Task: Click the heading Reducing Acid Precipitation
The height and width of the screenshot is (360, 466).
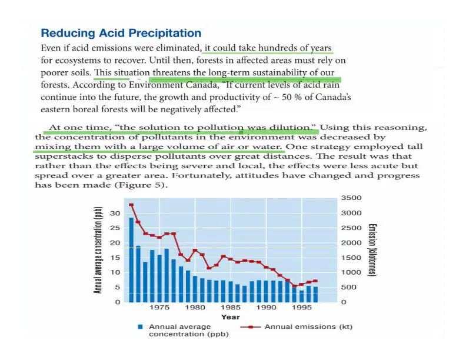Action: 121,33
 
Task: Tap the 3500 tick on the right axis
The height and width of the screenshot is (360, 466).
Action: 351,198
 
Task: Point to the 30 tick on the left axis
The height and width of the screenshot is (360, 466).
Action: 115,213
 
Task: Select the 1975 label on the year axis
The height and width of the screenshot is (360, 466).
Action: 159,308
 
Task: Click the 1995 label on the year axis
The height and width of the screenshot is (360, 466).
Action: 302,308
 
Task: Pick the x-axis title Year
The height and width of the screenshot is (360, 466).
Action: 230,317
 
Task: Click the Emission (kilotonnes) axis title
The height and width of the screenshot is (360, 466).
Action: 372,250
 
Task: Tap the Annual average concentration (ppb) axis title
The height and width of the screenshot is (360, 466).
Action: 98,250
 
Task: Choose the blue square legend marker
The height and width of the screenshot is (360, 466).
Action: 140,326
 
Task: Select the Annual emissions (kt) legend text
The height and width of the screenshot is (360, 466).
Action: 308,326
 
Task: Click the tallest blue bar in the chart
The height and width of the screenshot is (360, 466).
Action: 131,260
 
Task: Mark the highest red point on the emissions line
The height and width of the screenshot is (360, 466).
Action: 131,205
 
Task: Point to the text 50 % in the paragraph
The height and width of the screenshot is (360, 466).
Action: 292,97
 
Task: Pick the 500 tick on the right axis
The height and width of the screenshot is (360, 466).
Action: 348,287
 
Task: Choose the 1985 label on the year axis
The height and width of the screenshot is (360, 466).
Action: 230,308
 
